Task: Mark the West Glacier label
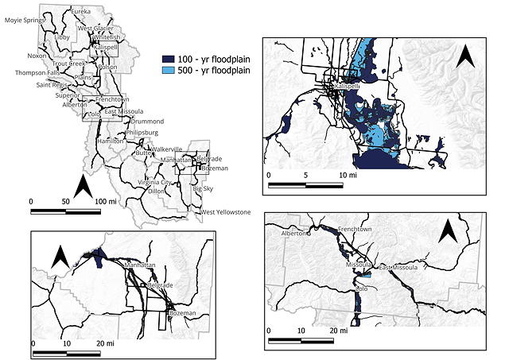[95, 29]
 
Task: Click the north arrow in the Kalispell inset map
[466, 58]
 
